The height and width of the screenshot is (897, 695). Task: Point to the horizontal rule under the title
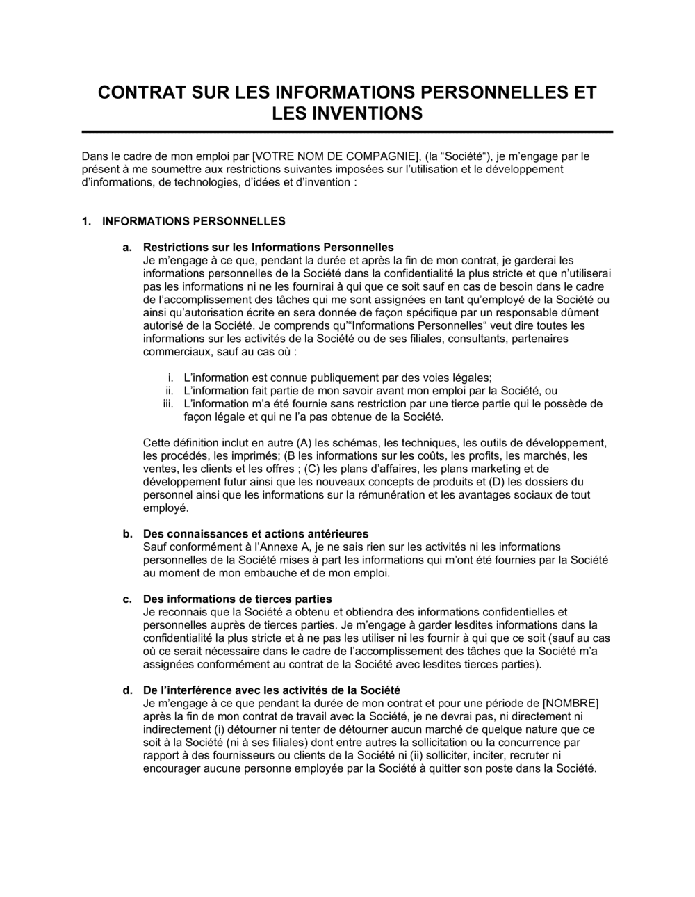coord(347,131)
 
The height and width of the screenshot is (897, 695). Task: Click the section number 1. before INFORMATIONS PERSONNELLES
coord(86,222)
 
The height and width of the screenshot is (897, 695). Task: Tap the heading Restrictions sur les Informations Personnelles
coord(268,247)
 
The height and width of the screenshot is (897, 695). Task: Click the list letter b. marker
coord(127,534)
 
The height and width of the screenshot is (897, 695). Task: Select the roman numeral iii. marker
coord(167,404)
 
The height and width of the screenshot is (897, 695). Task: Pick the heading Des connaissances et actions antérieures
coord(256,534)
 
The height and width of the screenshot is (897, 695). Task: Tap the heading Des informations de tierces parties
coord(237,599)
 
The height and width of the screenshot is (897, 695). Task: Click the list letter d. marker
coord(127,690)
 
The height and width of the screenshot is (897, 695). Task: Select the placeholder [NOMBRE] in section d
coord(570,704)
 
